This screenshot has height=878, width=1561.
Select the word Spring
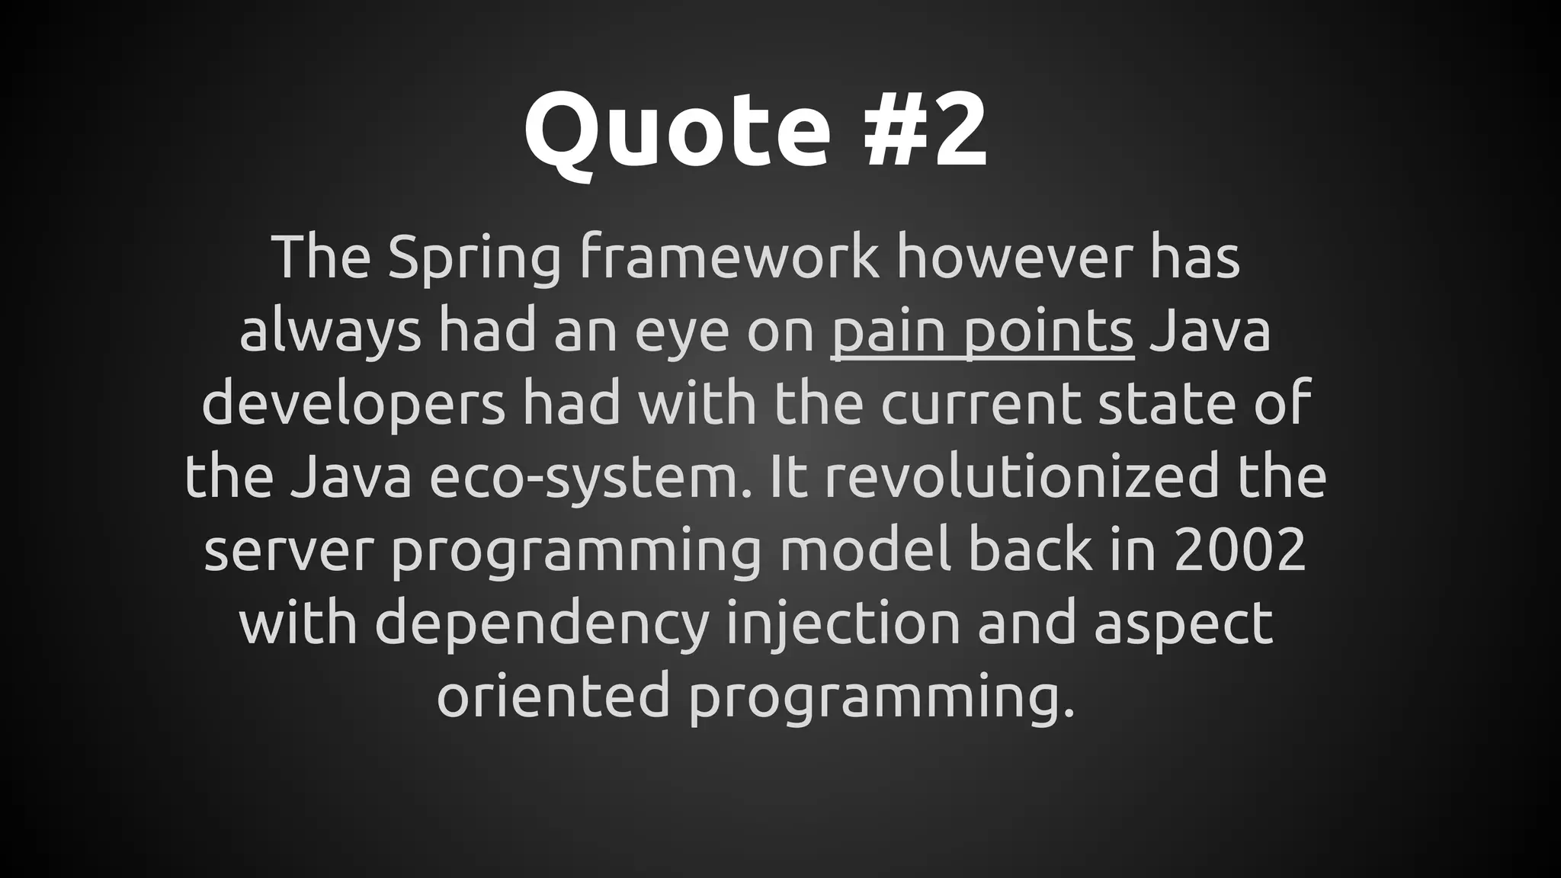point(473,259)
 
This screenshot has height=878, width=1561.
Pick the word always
point(330,332)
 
